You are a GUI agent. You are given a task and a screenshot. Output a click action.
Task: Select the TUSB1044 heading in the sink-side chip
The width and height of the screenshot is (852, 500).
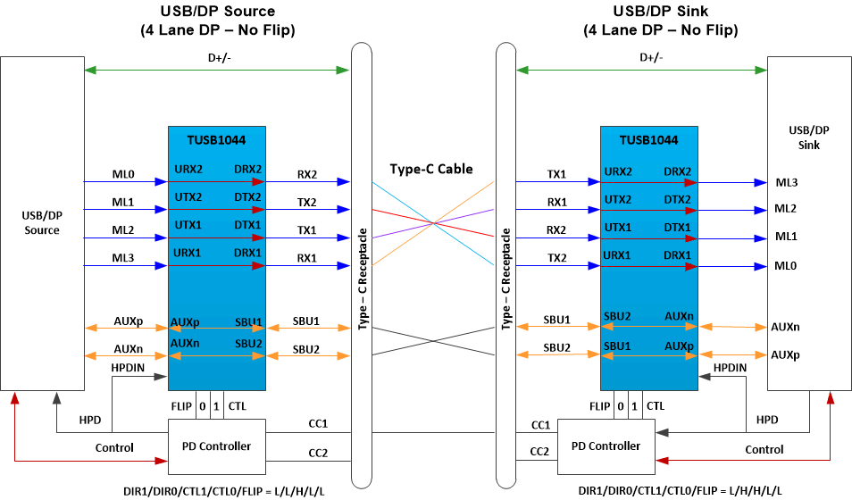click(648, 140)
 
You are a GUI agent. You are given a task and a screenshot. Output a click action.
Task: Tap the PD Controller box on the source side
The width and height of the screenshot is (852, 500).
click(217, 446)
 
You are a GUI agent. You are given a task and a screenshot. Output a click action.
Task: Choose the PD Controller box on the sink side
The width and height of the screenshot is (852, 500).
click(606, 446)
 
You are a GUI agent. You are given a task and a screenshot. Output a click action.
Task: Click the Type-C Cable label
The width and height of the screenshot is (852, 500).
click(431, 169)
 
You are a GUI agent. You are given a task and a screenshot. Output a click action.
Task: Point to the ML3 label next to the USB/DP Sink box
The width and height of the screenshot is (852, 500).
click(786, 182)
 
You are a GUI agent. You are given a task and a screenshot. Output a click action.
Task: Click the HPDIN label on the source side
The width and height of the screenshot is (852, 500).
click(129, 367)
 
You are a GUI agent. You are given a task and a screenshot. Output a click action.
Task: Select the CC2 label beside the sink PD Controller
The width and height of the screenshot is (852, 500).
click(539, 452)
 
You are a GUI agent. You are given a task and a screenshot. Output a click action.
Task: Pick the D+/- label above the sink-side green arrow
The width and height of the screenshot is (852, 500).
click(651, 58)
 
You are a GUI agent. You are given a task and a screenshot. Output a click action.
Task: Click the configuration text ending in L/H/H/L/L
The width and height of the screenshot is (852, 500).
click(681, 490)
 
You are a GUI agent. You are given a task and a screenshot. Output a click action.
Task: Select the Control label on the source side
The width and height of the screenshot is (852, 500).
click(114, 447)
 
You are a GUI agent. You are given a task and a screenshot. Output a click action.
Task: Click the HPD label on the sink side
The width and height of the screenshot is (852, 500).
click(767, 419)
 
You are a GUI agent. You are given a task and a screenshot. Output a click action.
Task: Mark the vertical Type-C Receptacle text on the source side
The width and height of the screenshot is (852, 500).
click(363, 279)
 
